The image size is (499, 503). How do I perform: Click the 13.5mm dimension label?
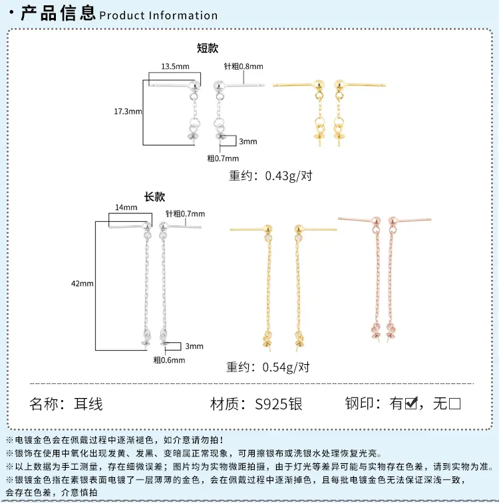click(x=175, y=66)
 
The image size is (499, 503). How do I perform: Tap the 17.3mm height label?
click(x=128, y=112)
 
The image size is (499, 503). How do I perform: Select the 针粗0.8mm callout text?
click(x=244, y=66)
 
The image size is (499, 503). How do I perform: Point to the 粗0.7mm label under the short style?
click(x=223, y=158)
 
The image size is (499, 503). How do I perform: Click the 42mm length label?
click(x=83, y=284)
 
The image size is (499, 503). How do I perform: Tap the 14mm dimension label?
click(x=126, y=207)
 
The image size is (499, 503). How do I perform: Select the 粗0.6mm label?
click(x=169, y=360)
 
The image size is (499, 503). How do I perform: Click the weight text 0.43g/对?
click(x=289, y=176)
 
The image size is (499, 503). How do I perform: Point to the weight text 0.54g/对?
click(x=286, y=367)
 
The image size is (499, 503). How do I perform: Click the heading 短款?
click(x=208, y=48)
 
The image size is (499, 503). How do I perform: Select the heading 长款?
click(x=154, y=197)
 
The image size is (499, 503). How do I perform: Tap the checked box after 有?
click(x=411, y=403)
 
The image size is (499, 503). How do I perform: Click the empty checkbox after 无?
click(x=454, y=403)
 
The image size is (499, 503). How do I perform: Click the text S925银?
click(x=278, y=404)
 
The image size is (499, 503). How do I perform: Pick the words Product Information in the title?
click(x=158, y=15)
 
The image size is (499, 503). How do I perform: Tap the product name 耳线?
click(x=88, y=404)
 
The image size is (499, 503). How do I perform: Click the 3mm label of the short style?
click(x=248, y=142)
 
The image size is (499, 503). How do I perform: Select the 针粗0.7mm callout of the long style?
click(x=185, y=214)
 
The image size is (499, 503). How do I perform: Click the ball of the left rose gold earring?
click(x=376, y=221)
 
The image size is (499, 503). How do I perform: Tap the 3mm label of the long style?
click(x=194, y=346)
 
